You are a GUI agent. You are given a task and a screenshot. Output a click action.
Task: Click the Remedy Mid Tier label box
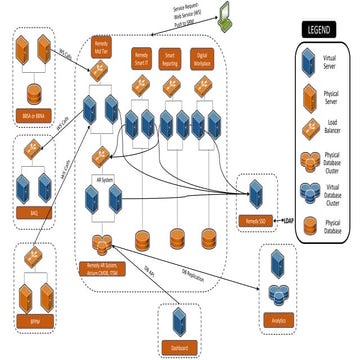click(102, 47)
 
